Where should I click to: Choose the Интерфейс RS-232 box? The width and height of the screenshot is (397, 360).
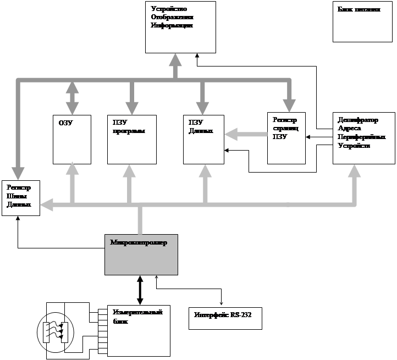(x=225, y=318)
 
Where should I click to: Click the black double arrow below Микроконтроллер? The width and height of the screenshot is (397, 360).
(x=140, y=290)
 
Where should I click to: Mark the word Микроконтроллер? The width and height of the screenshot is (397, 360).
(x=139, y=242)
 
